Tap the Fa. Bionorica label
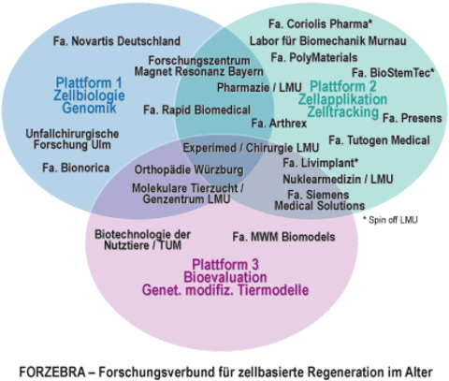tap(77, 168)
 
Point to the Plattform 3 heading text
tap(224, 265)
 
